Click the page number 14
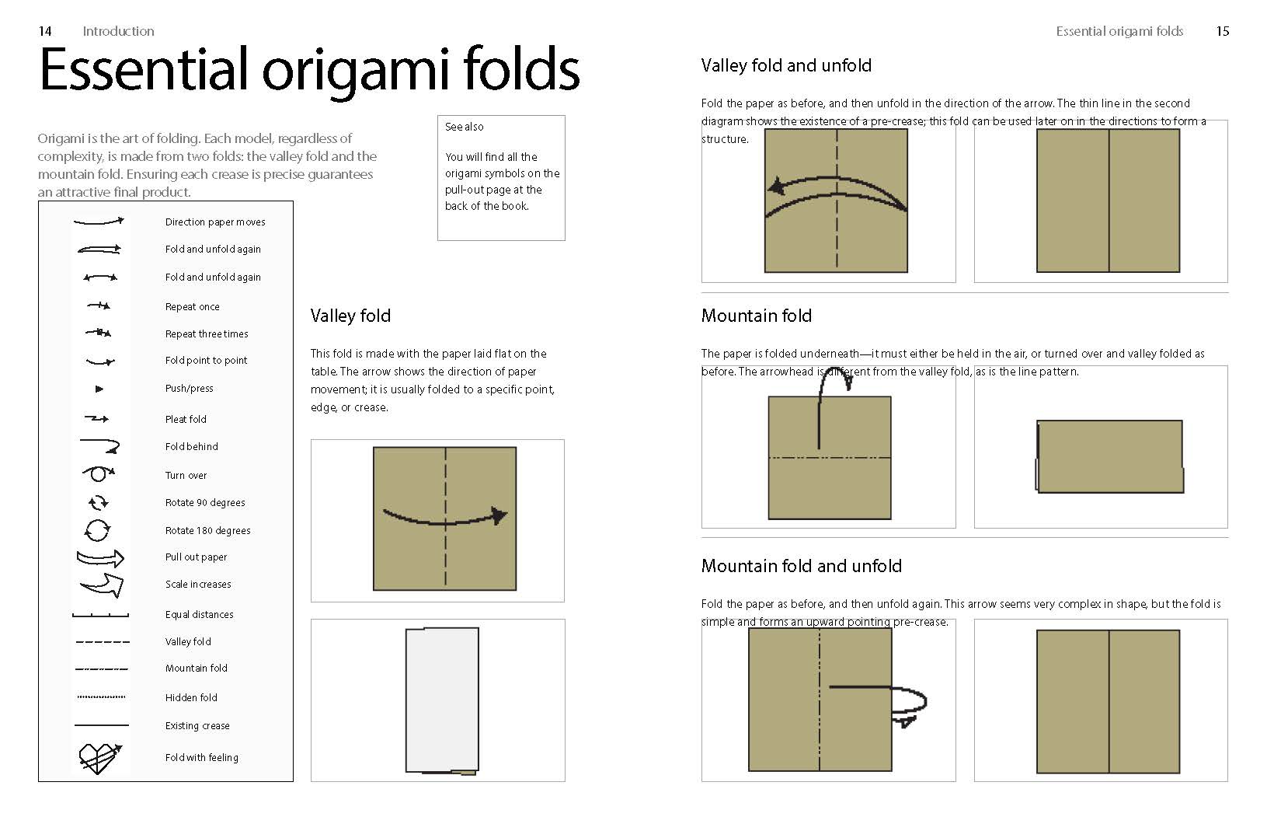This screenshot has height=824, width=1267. (x=45, y=31)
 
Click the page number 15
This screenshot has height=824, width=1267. (x=1222, y=31)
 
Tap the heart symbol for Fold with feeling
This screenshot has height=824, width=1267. (x=99, y=758)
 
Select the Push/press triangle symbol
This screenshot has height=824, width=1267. (x=99, y=389)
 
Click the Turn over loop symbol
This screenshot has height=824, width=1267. (x=99, y=473)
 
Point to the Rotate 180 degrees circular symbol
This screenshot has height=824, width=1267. (x=97, y=530)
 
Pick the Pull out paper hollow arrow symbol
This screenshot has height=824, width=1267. (x=100, y=558)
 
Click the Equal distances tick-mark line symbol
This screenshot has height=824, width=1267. (x=101, y=615)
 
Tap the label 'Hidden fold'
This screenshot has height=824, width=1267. (x=191, y=697)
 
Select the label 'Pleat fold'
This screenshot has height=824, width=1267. (x=186, y=419)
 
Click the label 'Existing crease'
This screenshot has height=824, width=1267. (x=197, y=725)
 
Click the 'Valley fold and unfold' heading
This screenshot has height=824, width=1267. (x=786, y=65)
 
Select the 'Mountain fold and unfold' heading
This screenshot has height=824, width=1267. (x=802, y=566)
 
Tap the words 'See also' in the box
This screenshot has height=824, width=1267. (x=465, y=127)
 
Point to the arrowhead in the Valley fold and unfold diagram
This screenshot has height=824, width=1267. (x=776, y=187)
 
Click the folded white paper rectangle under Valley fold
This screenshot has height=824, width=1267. (x=442, y=700)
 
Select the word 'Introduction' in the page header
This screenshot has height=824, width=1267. (x=118, y=31)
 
